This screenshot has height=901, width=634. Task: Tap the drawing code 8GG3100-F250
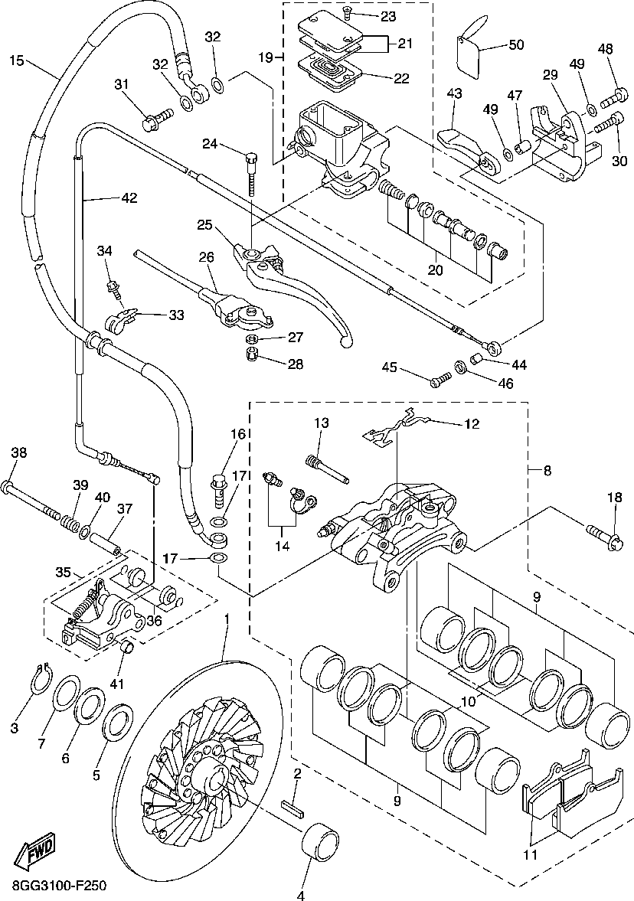pyautogui.click(x=59, y=886)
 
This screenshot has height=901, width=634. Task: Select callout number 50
pyautogui.click(x=516, y=45)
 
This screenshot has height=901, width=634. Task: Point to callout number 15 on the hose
pyautogui.click(x=16, y=60)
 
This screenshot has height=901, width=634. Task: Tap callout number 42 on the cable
pyautogui.click(x=129, y=198)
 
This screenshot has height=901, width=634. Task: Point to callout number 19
pyautogui.click(x=265, y=57)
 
